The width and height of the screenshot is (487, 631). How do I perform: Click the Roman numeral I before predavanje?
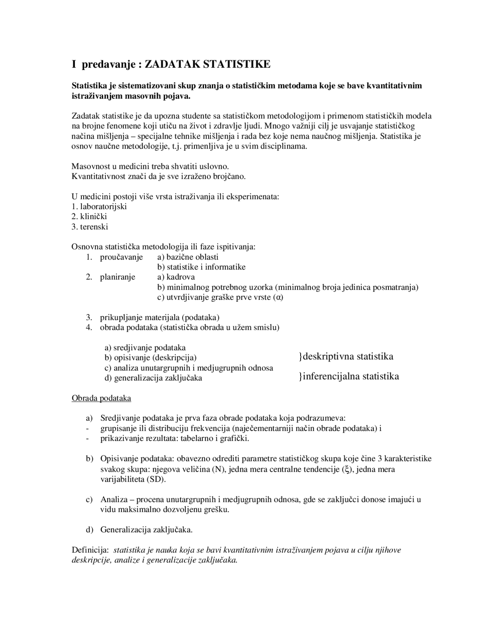[x=74, y=64]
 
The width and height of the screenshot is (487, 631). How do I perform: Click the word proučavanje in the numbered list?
[x=121, y=257]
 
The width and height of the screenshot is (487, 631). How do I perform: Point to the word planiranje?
[x=118, y=277]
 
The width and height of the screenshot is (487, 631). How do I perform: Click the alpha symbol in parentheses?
[x=278, y=297]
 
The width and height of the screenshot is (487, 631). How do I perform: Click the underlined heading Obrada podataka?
[x=101, y=398]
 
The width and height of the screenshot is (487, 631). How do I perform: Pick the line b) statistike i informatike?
[x=201, y=267]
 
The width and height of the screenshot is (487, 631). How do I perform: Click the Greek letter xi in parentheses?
[x=346, y=469]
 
